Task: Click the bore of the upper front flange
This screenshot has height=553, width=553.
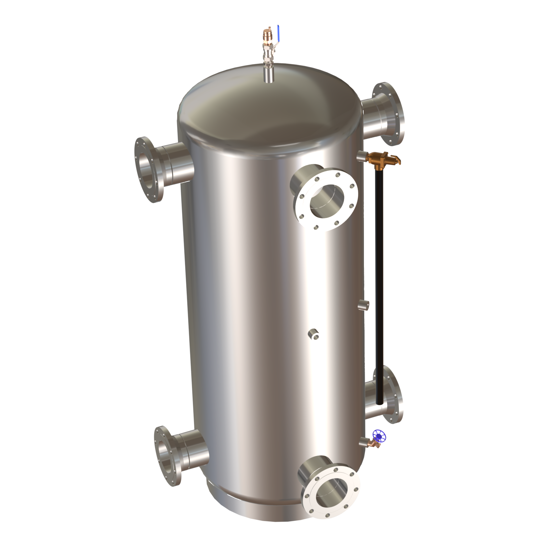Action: (325, 200)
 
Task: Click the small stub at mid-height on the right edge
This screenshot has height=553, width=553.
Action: (364, 304)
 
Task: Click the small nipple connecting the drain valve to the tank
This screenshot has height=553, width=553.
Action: (364, 442)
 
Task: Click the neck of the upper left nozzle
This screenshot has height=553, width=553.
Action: (175, 164)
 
